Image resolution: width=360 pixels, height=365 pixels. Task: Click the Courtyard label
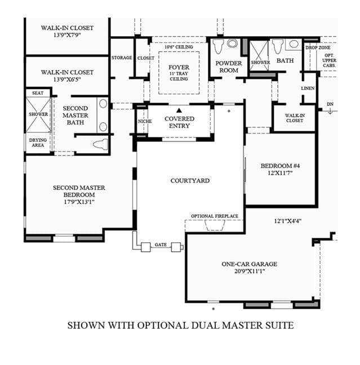point(190,181)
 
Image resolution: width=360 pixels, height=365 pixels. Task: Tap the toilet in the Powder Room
point(219,46)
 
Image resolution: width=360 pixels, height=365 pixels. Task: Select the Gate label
point(161,244)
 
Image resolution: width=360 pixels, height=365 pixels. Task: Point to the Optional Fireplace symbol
point(215,225)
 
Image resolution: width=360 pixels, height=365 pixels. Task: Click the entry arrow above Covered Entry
point(179,110)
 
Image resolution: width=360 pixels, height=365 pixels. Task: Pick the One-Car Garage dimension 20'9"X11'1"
point(250,271)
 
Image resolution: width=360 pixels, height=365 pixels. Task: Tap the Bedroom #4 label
point(280,166)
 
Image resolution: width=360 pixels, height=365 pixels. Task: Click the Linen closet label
point(308,88)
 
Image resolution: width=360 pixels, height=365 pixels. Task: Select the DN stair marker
point(330,104)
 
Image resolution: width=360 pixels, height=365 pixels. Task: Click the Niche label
point(145,121)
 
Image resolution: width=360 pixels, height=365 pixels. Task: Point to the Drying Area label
point(38,143)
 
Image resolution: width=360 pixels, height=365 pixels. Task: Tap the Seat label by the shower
point(38,93)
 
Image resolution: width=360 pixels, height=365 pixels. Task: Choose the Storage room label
point(122,57)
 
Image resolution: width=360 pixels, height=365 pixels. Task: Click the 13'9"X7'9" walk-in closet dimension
point(67,35)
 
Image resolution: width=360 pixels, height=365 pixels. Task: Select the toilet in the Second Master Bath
point(100,144)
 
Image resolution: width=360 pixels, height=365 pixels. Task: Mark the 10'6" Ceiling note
point(179,47)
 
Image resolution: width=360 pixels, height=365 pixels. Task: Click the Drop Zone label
point(318,48)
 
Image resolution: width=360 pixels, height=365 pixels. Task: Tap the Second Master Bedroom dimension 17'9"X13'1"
point(79,202)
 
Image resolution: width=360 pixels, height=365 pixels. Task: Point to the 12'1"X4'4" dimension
point(288,221)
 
